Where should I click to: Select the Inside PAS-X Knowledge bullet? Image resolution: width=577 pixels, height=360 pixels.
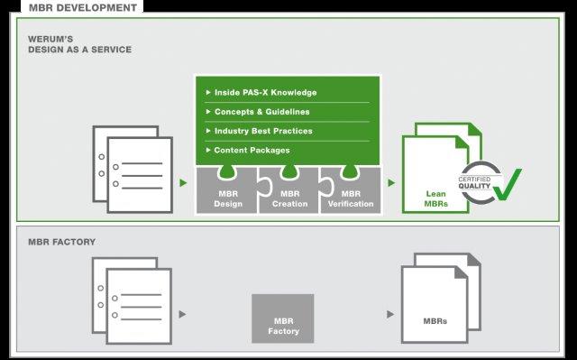[x=265, y=92]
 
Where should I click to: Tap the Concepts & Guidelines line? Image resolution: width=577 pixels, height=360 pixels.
[x=261, y=112]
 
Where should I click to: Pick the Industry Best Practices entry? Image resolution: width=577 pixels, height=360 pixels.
[x=263, y=131]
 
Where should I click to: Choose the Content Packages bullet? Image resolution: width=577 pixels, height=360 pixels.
[x=252, y=150]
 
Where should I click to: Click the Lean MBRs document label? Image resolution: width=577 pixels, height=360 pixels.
[x=436, y=198]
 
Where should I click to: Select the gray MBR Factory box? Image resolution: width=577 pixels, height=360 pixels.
[x=283, y=318]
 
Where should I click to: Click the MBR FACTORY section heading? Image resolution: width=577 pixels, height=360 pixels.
[x=61, y=242]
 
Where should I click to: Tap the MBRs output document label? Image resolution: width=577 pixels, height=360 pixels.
[x=435, y=321]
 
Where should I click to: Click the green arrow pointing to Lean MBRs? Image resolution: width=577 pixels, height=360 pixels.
[x=391, y=182]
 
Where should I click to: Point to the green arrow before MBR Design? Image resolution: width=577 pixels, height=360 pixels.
[x=183, y=182]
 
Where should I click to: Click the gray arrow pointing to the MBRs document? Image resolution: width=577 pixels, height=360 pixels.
[x=390, y=314]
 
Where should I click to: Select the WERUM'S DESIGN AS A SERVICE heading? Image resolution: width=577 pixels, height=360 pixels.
[x=79, y=45]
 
